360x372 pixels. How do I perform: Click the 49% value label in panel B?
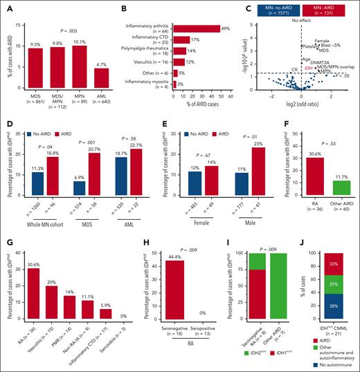[225, 27]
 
